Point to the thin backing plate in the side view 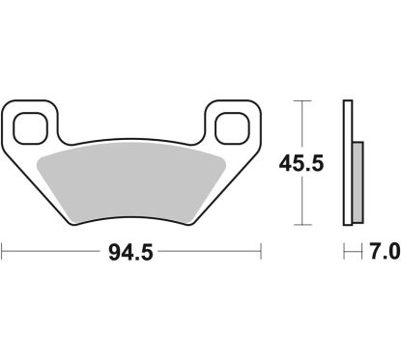[x=346, y=159]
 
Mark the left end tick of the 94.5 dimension [x=3, y=253]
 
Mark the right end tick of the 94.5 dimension [x=262, y=253]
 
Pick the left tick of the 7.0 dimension [x=344, y=253]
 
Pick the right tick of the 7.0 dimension [x=361, y=253]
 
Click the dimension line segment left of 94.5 [x=53, y=253]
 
